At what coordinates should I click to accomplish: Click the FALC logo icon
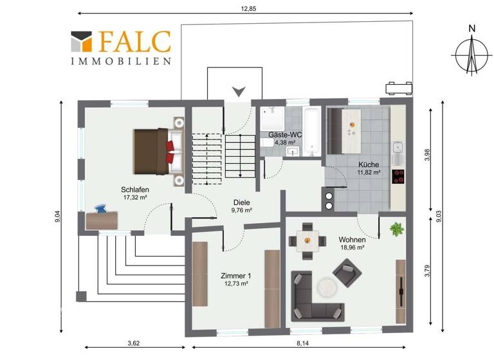click(x=81, y=41)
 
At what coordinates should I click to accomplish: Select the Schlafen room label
click(x=134, y=190)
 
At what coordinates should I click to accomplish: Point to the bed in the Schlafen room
click(x=158, y=152)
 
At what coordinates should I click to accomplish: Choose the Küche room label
click(x=369, y=164)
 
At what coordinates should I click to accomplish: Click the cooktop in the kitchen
click(x=398, y=175)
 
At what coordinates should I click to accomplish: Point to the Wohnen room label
click(x=352, y=240)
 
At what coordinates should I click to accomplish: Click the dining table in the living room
click(x=307, y=241)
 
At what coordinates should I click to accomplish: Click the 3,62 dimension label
click(x=134, y=342)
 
